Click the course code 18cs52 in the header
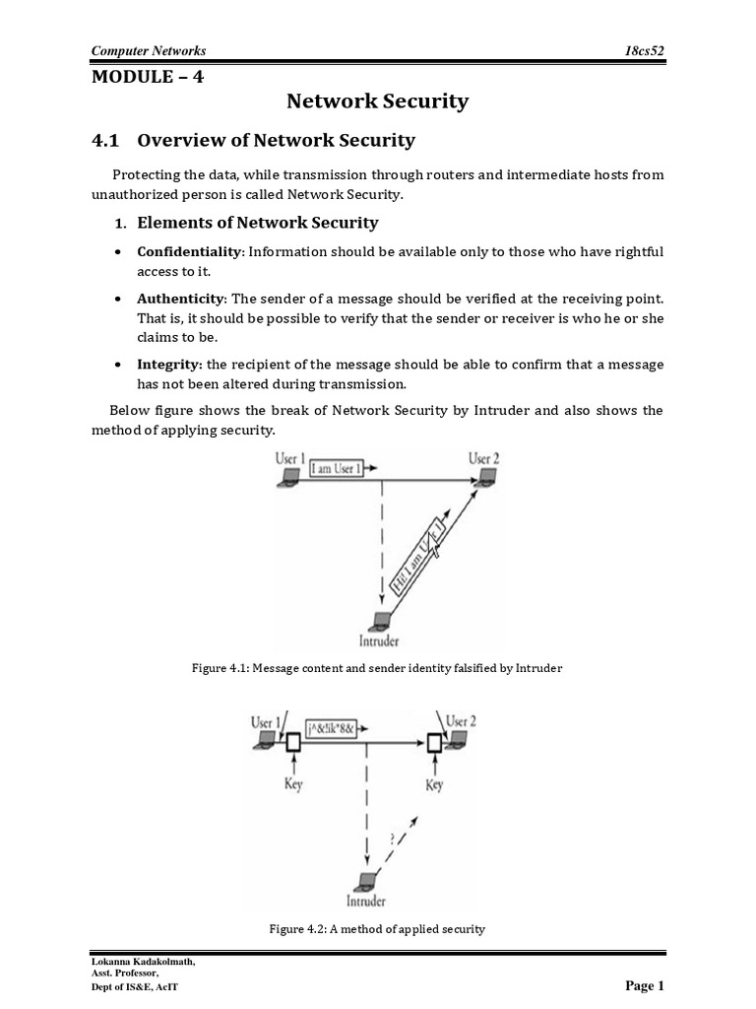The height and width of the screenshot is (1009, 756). (645, 50)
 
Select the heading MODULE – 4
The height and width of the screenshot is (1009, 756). (148, 78)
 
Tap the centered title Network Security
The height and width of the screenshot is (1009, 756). (377, 101)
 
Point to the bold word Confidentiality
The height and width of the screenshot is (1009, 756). (189, 252)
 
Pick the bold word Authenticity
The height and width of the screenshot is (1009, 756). (181, 299)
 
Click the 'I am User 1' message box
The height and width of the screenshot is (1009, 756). (336, 470)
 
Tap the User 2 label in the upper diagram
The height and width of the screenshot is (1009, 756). (484, 459)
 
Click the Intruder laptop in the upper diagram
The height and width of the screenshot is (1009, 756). (377, 622)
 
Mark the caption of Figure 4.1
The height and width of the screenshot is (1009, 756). (377, 669)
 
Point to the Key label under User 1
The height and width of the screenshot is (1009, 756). (291, 784)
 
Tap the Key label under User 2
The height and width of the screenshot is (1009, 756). (433, 784)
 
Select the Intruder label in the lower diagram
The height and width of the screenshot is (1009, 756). (365, 901)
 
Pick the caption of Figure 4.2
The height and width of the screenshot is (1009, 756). (377, 929)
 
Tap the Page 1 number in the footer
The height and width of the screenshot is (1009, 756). (645, 985)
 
